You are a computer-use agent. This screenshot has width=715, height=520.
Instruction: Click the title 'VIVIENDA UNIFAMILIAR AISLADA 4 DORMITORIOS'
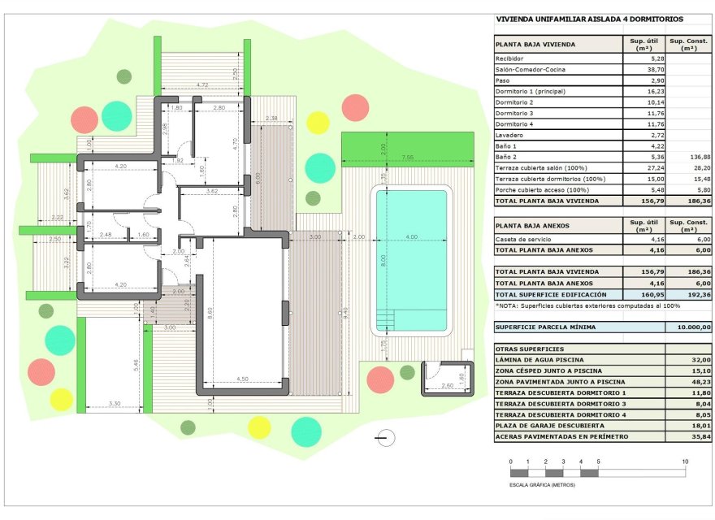(589, 19)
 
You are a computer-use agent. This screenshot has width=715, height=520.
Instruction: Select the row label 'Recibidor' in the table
(509, 59)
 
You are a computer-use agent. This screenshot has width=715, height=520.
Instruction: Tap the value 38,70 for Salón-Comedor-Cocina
(642, 70)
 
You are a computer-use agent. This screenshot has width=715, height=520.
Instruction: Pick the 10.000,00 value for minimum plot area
(688, 327)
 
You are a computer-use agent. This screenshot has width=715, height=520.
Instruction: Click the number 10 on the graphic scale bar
(685, 461)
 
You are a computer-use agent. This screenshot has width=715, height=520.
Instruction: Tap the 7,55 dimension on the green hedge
(406, 157)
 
